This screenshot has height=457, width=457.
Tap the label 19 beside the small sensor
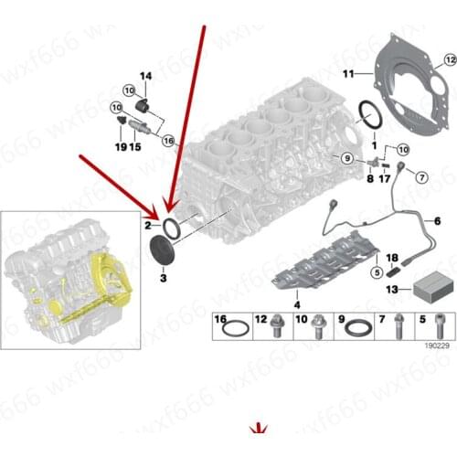[x=120, y=146]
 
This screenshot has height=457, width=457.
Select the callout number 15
[x=135, y=146]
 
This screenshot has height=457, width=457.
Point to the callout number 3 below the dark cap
[x=163, y=276]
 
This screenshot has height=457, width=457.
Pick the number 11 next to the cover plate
[x=347, y=72]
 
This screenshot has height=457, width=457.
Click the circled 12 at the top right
[x=449, y=60]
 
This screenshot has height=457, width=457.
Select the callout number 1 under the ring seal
[x=373, y=146]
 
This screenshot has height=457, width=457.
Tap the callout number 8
[x=369, y=179]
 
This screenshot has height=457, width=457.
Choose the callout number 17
[x=385, y=179]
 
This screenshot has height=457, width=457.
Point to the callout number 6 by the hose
[x=437, y=220]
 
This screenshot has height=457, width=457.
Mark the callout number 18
[x=391, y=259]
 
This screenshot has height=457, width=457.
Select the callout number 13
[x=391, y=289]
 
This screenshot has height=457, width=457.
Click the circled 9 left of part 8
[x=346, y=159]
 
